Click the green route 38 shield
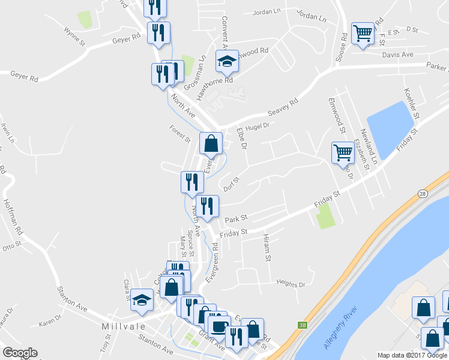coord(301,325)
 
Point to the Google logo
coord(20,353)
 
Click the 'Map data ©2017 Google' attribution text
coord(412,355)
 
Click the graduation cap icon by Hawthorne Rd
coord(227,61)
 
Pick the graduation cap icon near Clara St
coord(142,299)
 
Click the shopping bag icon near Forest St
coord(211,143)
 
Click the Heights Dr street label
coord(291,283)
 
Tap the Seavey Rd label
coord(282,110)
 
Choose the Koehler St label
coord(411,103)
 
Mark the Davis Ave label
coord(398,55)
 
